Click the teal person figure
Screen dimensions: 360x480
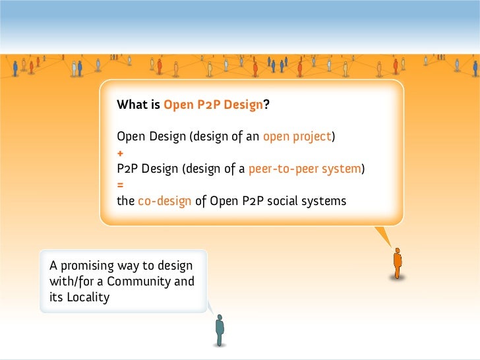tap(220, 330)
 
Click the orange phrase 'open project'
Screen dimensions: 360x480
tap(297, 137)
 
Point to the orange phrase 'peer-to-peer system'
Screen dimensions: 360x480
tap(305, 169)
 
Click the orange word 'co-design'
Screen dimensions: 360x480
tap(165, 201)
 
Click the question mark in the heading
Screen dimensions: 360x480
tap(266, 105)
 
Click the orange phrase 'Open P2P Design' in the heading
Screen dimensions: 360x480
tap(213, 105)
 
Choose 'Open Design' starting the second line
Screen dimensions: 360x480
tap(151, 137)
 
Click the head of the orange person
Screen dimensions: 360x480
tap(397, 251)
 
